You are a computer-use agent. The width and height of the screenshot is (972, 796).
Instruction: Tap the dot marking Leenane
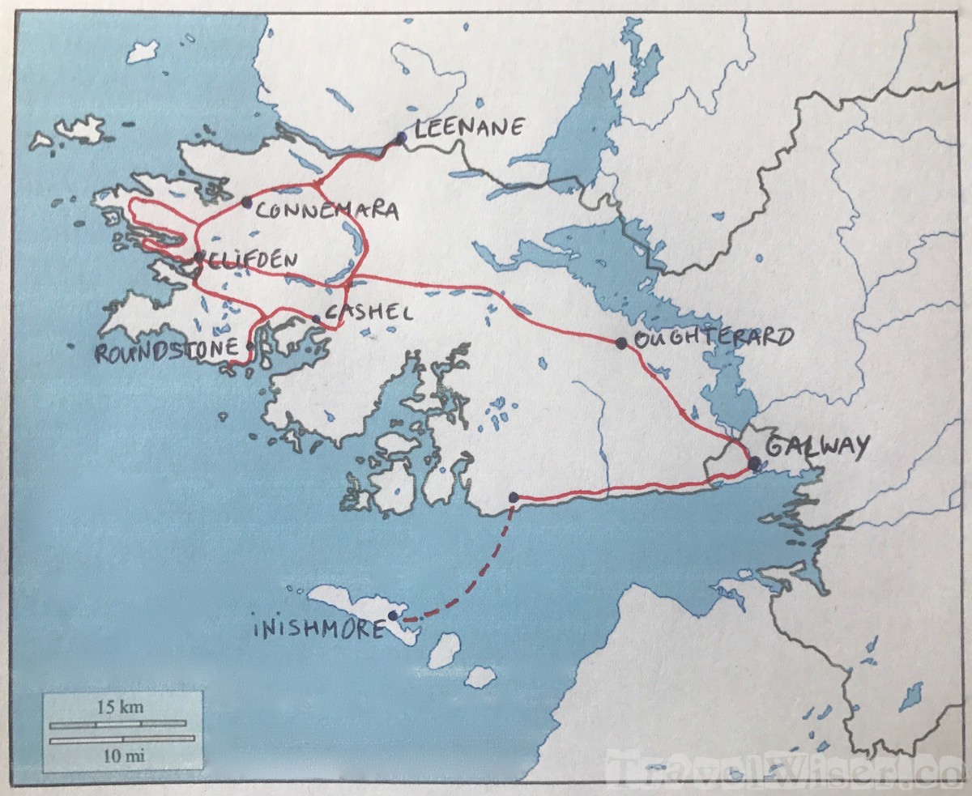click(x=401, y=138)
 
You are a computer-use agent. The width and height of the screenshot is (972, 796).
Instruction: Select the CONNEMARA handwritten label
click(x=327, y=211)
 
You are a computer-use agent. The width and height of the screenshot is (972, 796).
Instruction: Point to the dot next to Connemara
click(x=246, y=202)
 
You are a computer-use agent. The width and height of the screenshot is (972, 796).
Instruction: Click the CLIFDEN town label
click(x=250, y=260)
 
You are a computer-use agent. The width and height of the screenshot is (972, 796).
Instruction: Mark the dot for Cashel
click(x=317, y=318)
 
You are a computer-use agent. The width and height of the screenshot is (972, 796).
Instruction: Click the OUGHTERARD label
click(x=713, y=338)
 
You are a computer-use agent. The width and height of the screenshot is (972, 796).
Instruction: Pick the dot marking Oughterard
click(x=621, y=343)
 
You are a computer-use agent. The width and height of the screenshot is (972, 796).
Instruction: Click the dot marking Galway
click(x=754, y=463)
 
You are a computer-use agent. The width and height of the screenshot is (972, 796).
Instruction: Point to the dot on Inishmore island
click(x=393, y=616)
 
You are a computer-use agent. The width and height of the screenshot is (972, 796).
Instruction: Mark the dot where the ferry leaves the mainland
click(x=513, y=497)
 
